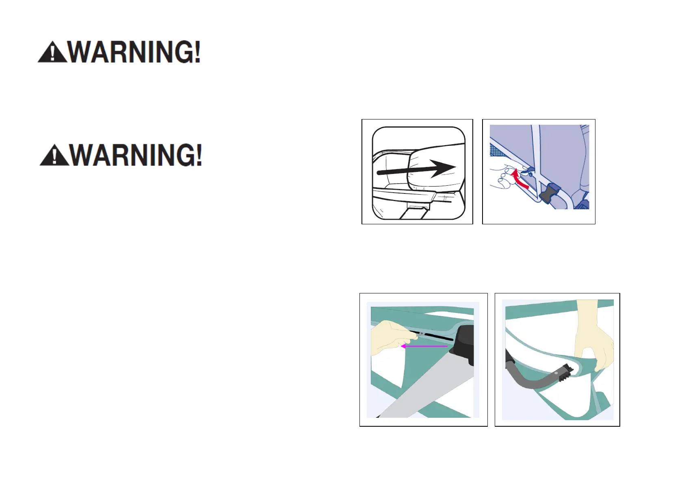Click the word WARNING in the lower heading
pos(132,155)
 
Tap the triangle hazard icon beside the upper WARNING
pos(52,52)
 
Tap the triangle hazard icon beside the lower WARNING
pos(54,155)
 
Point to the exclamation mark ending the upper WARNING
pos(197,52)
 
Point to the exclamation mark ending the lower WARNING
pos(199,155)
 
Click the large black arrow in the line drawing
pos(416,169)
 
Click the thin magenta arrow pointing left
pos(424,346)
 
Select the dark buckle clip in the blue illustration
pos(550,193)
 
